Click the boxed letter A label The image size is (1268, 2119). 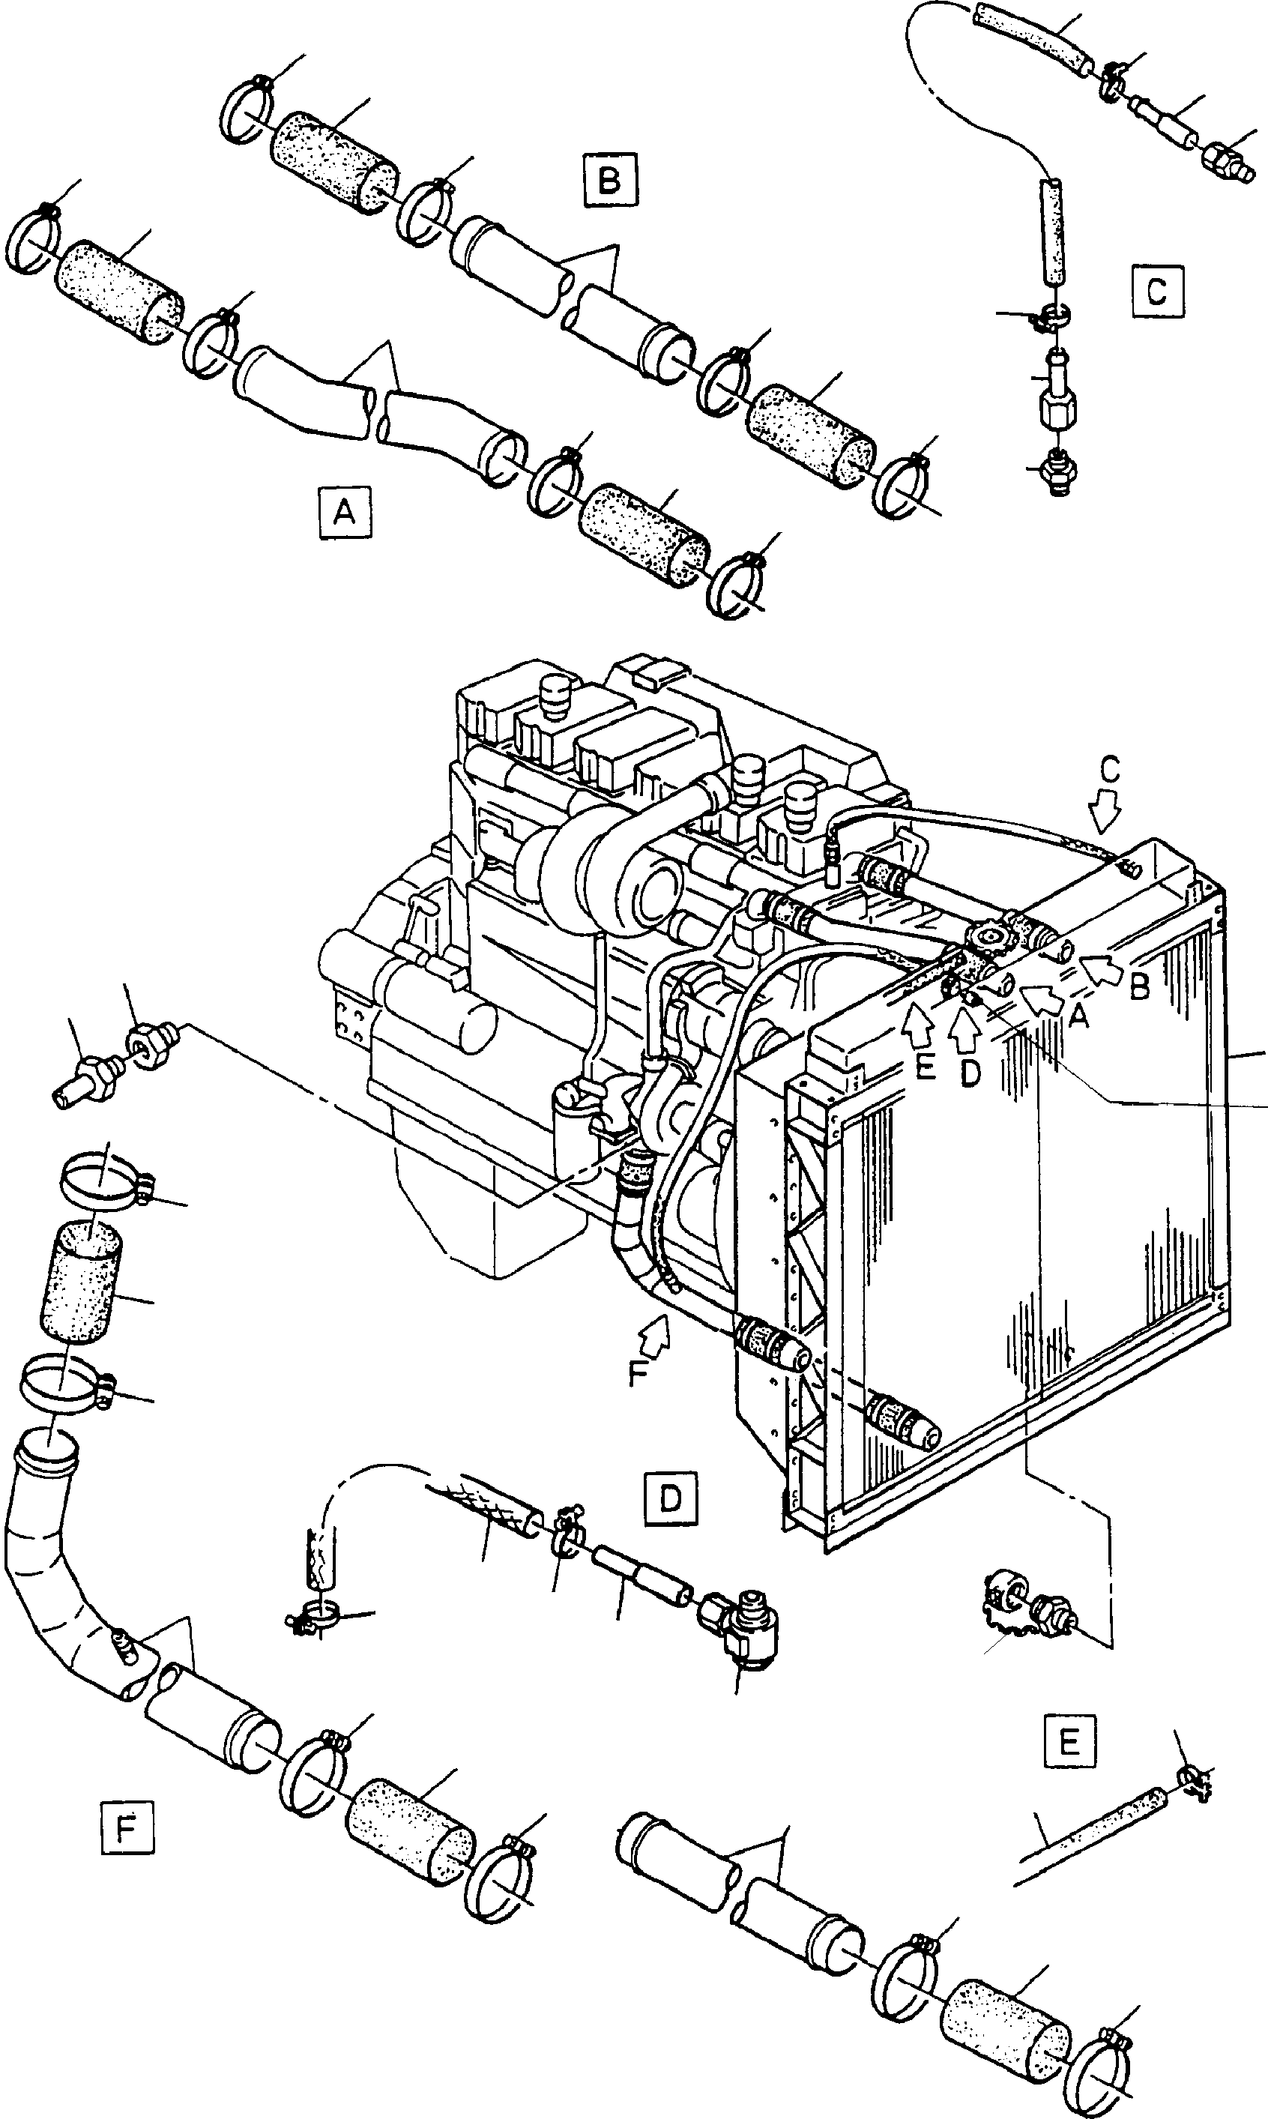[x=343, y=511]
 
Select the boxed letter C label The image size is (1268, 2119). [x=1157, y=292]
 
